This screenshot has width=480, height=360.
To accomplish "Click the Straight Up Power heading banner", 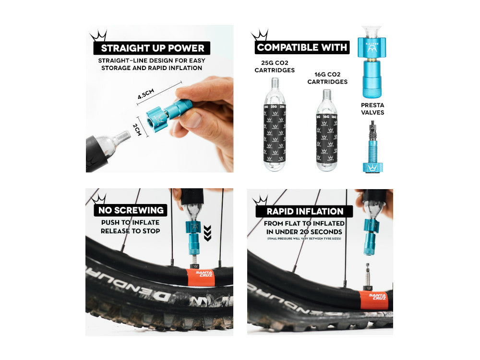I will point(152,48).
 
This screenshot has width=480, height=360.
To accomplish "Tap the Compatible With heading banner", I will point(302,48).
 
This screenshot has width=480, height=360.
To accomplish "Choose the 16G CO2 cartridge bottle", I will point(326,134).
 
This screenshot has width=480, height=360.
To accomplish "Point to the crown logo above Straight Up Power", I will point(98,36).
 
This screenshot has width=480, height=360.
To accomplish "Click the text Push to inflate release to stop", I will point(131,227).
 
